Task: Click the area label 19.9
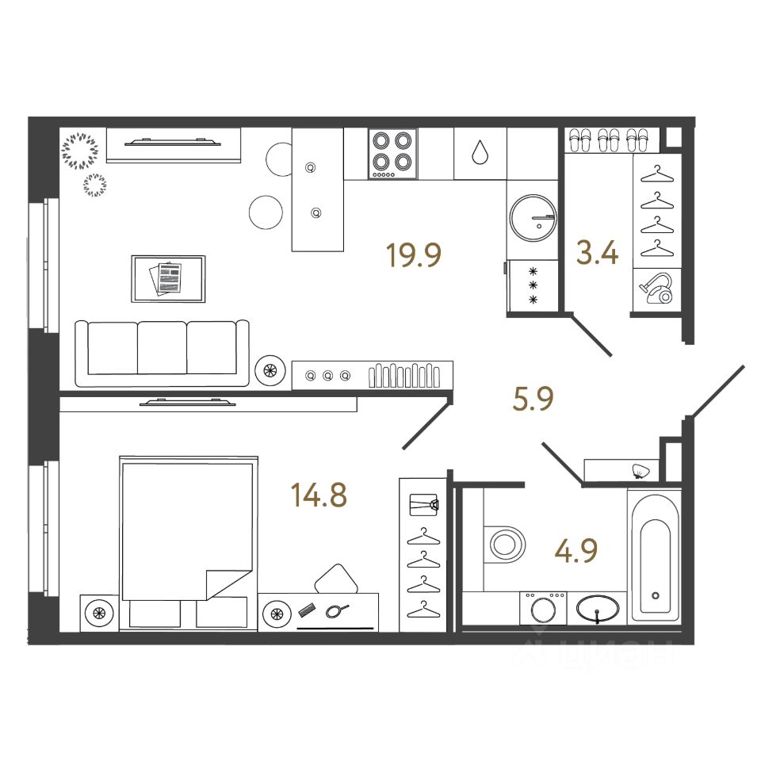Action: coord(412,255)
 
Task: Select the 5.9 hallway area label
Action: coord(532,400)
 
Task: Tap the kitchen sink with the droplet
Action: coord(480,152)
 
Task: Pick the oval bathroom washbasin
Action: coord(598,610)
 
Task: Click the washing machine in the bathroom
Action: coord(543,610)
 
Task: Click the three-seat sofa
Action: coord(162,348)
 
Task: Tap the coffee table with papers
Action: coord(168,278)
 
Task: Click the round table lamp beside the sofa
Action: coord(270,369)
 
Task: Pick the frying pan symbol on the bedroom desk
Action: coord(336,610)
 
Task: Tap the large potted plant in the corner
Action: coord(79,151)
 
